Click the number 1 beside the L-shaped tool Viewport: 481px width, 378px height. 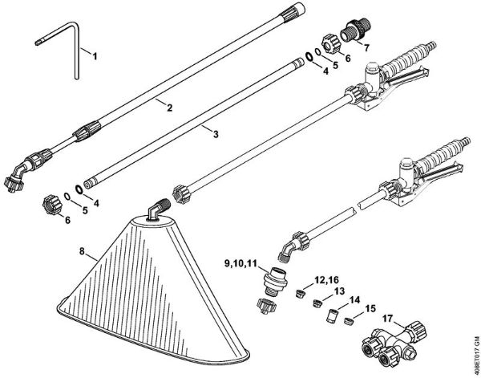[95, 56]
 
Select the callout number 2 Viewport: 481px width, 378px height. [169, 108]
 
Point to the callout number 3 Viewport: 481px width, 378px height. [216, 134]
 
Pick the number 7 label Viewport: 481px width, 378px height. [366, 48]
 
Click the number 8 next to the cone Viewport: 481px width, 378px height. [82, 251]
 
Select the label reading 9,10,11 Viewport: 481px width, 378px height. [240, 263]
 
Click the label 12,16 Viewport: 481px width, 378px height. [326, 280]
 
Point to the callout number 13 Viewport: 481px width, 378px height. [339, 291]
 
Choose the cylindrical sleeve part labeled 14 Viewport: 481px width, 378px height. [331, 316]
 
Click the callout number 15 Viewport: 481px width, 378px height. [370, 308]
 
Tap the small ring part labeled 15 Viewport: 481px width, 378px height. [349, 321]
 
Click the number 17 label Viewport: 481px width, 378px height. [387, 319]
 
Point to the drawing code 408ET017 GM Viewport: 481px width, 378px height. [476, 356]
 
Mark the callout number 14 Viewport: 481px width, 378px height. [354, 299]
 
